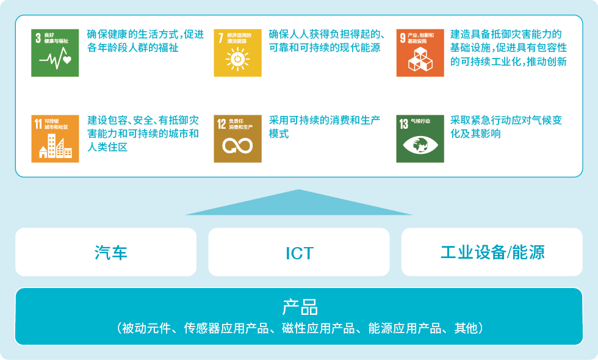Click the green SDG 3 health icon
click(x=55, y=53)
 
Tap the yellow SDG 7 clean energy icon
click(x=237, y=53)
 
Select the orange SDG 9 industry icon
click(x=420, y=53)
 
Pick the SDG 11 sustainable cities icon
click(x=55, y=139)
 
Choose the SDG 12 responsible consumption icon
click(x=237, y=139)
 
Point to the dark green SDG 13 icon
click(x=420, y=139)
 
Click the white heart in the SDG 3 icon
click(x=67, y=60)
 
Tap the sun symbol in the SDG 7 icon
click(x=237, y=60)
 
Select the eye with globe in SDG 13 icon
click(x=420, y=145)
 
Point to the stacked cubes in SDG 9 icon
click(x=420, y=60)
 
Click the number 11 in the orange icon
click(x=38, y=124)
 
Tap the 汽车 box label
click(x=111, y=253)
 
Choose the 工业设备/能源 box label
click(x=492, y=253)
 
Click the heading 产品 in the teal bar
click(x=300, y=307)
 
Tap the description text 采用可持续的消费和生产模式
click(x=325, y=127)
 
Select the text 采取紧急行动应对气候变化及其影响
click(x=506, y=127)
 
